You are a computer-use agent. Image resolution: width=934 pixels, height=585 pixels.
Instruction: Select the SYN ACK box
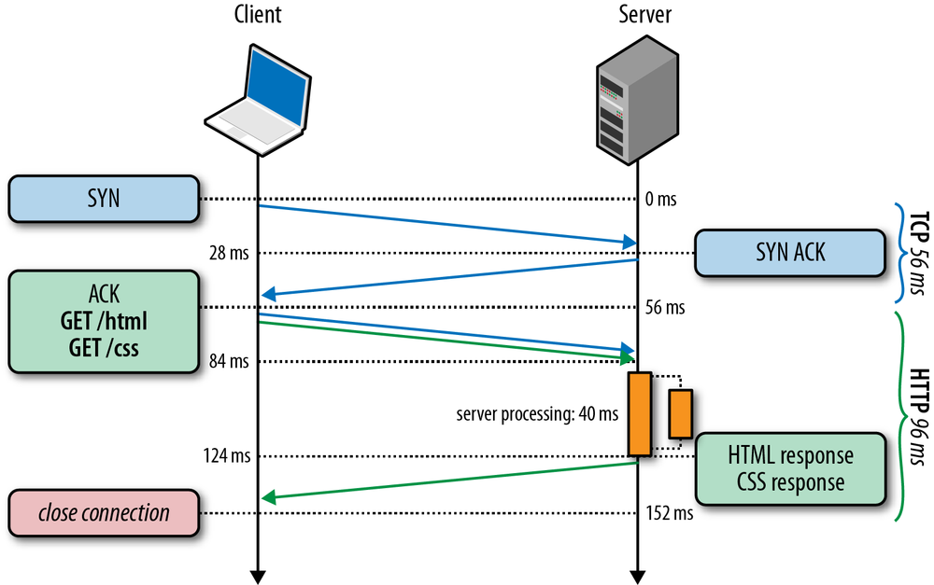[x=789, y=253]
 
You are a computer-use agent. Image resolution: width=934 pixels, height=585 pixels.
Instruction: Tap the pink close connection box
[x=105, y=512]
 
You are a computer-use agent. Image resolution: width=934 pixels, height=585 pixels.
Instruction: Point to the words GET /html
[x=105, y=323]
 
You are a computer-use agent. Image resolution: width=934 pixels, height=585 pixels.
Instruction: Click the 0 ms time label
[x=659, y=200]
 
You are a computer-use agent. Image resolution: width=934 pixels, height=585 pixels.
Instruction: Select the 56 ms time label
[x=664, y=307]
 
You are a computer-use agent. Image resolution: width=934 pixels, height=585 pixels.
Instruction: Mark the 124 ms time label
[x=226, y=456]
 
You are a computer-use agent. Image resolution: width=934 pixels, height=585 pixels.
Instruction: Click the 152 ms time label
[x=669, y=512]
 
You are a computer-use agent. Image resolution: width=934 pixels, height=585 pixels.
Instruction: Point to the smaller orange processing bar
[x=680, y=413]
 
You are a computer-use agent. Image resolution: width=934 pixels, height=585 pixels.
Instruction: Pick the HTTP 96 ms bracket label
[x=915, y=414]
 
